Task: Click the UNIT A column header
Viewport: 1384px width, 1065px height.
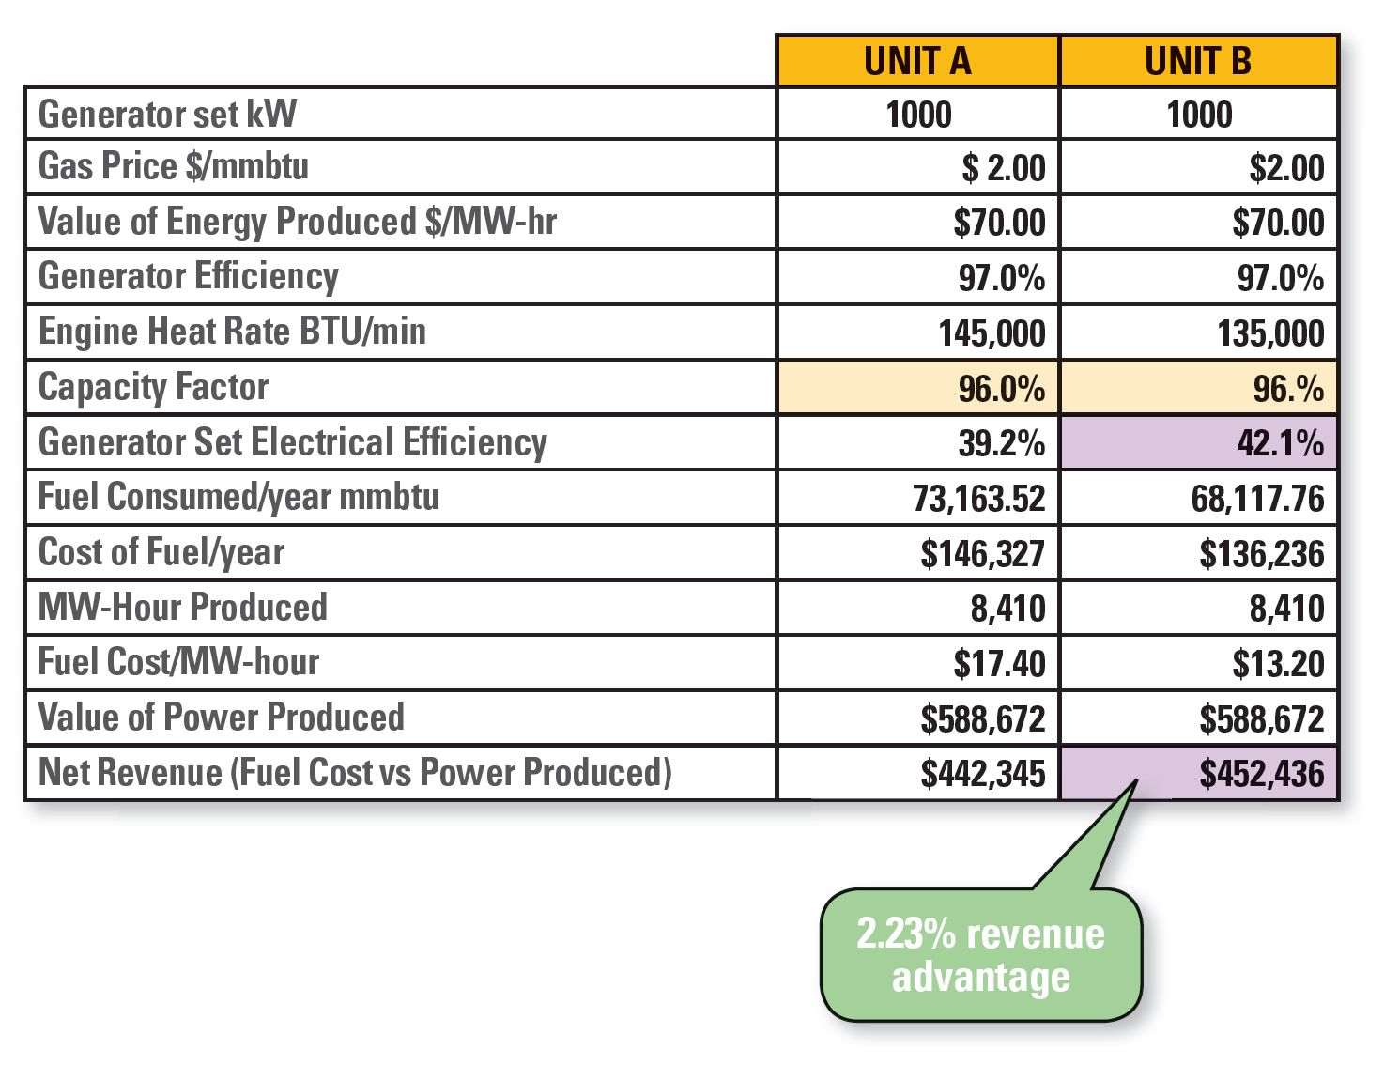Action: pyautogui.click(x=917, y=61)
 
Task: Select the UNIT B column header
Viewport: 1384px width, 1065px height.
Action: pyautogui.click(x=1198, y=61)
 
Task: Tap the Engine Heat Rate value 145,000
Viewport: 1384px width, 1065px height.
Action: pyautogui.click(x=992, y=333)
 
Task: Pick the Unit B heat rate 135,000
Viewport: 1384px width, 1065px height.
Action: pyautogui.click(x=1270, y=333)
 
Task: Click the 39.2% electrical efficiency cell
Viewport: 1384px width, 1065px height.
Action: pyautogui.click(x=1001, y=443)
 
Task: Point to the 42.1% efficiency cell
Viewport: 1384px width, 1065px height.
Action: pyautogui.click(x=1280, y=443)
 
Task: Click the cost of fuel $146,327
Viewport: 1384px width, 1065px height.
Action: pyautogui.click(x=982, y=554)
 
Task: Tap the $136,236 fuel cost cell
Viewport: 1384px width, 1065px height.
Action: pyautogui.click(x=1261, y=554)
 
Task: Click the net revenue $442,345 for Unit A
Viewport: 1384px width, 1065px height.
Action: pyautogui.click(x=982, y=774)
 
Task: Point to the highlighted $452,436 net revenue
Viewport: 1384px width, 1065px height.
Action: pyautogui.click(x=1261, y=774)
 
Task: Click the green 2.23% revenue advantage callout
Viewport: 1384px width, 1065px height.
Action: pyautogui.click(x=980, y=955)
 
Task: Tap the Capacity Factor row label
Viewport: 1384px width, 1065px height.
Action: pyautogui.click(x=153, y=388)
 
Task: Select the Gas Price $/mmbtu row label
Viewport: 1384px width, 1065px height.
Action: pyautogui.click(x=174, y=166)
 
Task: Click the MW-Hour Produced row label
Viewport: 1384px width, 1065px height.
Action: pyautogui.click(x=183, y=608)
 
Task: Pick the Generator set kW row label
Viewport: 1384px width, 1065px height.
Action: pyautogui.click(x=167, y=115)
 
